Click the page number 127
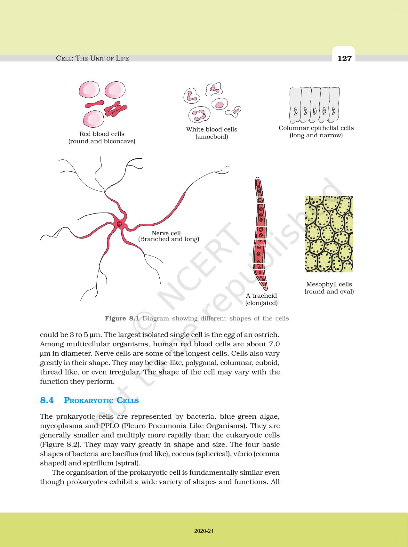pos(344,58)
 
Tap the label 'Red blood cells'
pos(102,134)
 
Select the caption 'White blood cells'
pos(212,129)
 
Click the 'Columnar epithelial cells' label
pos(316,128)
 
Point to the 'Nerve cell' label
pos(166,233)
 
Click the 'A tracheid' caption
pos(261,295)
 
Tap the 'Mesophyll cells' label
pos(329,284)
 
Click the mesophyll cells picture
pos(329,234)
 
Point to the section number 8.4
pos(47,400)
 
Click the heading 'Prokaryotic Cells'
pos(101,400)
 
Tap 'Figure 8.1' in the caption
pos(122,318)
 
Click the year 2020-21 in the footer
pos(204,531)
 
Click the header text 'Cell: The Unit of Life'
pos(92,58)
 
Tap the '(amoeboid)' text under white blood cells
pos(212,137)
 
